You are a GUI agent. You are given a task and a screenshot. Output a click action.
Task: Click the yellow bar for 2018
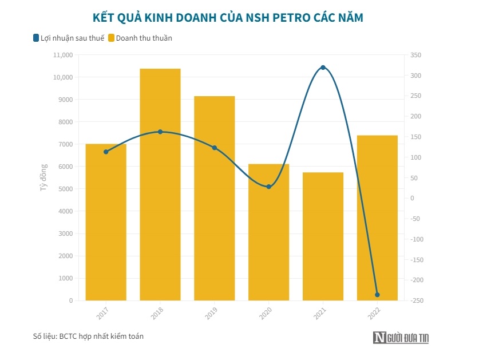pyautogui.click(x=160, y=184)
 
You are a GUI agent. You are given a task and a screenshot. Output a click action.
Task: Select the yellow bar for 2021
pyautogui.click(x=323, y=236)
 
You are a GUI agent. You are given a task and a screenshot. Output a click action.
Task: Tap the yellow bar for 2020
pyautogui.click(x=268, y=232)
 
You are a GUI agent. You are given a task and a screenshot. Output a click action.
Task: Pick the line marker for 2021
pyautogui.click(x=323, y=68)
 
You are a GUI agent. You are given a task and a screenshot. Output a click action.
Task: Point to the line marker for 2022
pyautogui.click(x=377, y=295)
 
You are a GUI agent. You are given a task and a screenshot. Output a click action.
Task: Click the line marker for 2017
pyautogui.click(x=106, y=152)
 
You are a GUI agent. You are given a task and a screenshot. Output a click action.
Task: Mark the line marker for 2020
pyautogui.click(x=268, y=187)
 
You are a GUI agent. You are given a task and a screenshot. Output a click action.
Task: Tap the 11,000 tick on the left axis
pyautogui.click(x=62, y=55)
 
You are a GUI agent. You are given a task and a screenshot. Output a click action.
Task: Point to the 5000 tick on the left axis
pyautogui.click(x=66, y=189)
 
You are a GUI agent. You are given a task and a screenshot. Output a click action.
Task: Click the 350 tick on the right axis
pyautogui.click(x=415, y=55)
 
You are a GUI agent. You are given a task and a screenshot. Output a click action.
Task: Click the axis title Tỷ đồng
pyautogui.click(x=44, y=177)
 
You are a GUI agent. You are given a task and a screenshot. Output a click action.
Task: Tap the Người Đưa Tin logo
pyautogui.click(x=401, y=338)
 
